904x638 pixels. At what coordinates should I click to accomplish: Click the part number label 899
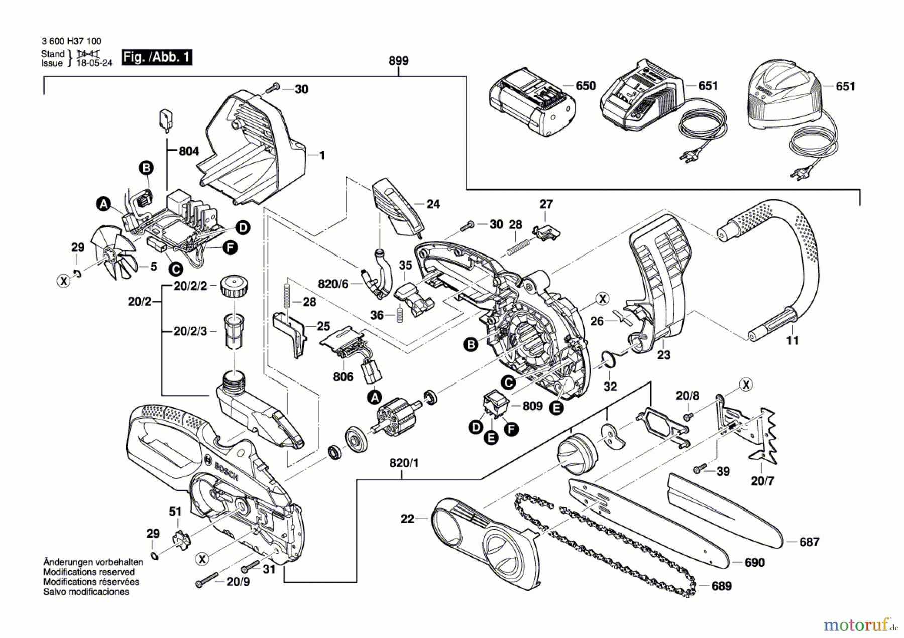coord(398,61)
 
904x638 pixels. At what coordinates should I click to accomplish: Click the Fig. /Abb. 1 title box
coord(157,57)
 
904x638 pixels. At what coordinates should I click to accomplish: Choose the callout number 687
coord(809,542)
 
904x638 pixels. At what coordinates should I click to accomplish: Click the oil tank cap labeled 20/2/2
coord(234,287)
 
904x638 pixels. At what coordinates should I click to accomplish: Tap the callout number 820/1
coord(404,463)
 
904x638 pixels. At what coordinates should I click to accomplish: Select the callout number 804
coord(189,151)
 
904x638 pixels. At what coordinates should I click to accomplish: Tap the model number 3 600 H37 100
coord(71,41)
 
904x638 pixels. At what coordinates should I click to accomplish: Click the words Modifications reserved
coord(89,572)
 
